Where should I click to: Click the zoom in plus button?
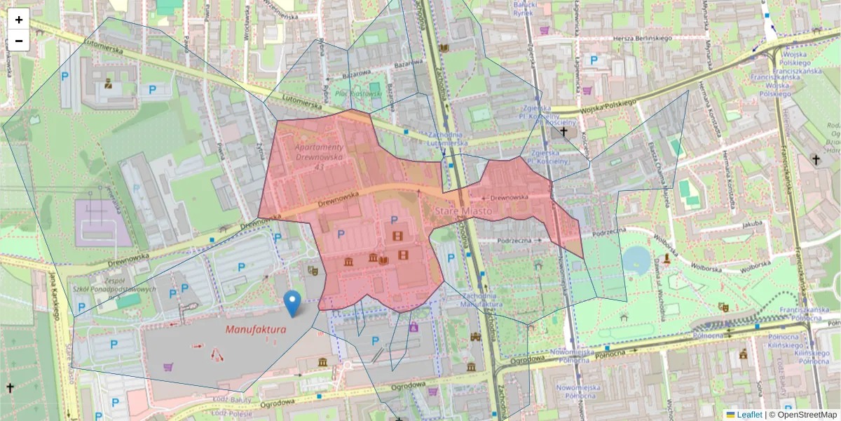coord(19,20)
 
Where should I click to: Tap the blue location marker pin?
coord(294,303)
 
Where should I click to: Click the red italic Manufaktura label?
coord(256,329)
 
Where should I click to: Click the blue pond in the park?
coord(636,260)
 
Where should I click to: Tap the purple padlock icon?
coord(413,326)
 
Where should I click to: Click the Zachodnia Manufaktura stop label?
coord(480,300)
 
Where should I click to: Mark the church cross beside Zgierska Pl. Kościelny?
coord(563,131)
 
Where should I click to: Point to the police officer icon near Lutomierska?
coord(108,83)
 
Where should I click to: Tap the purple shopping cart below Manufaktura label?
coord(168,366)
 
